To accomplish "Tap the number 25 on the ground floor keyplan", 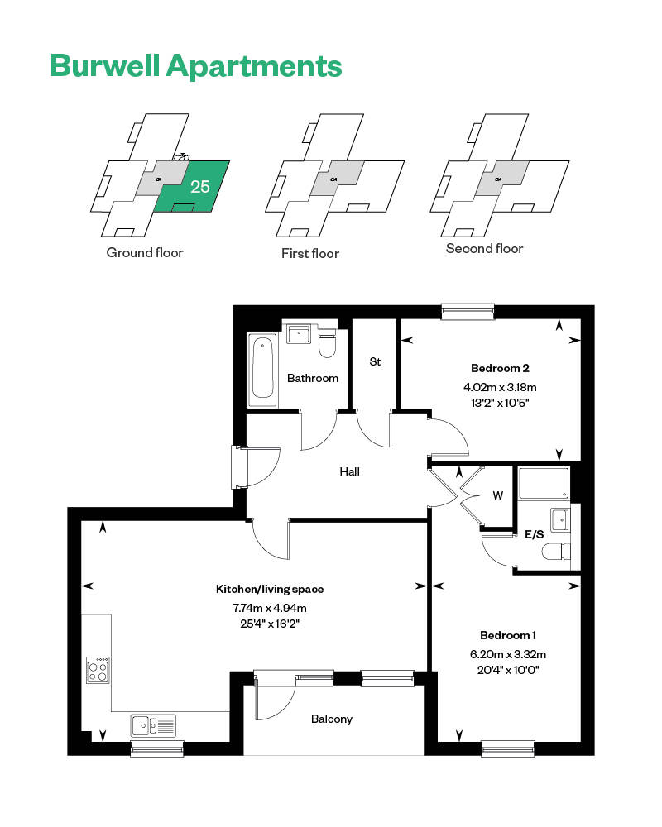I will pyautogui.click(x=200, y=186).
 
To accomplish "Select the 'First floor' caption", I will pyautogui.click(x=309, y=253).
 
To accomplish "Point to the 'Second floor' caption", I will pyautogui.click(x=484, y=248).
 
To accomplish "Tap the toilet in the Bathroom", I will pyautogui.click(x=328, y=344).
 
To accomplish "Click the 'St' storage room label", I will pyautogui.click(x=375, y=362).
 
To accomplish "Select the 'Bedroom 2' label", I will pyautogui.click(x=500, y=368).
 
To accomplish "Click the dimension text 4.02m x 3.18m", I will pyautogui.click(x=500, y=386).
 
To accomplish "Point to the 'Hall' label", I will pyautogui.click(x=349, y=472).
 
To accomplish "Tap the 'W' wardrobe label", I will pyautogui.click(x=497, y=496).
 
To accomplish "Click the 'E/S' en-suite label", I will pyautogui.click(x=535, y=535).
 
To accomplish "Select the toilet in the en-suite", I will pyautogui.click(x=554, y=552).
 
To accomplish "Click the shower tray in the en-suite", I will pyautogui.click(x=544, y=484).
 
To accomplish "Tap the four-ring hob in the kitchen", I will pyautogui.click(x=98, y=669).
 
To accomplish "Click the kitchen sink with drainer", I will pyautogui.click(x=153, y=725).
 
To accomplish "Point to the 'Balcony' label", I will pyautogui.click(x=332, y=719).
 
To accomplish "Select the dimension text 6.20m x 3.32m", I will pyautogui.click(x=508, y=654).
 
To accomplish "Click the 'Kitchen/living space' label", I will pyautogui.click(x=270, y=590).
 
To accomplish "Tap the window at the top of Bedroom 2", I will pyautogui.click(x=468, y=311).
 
